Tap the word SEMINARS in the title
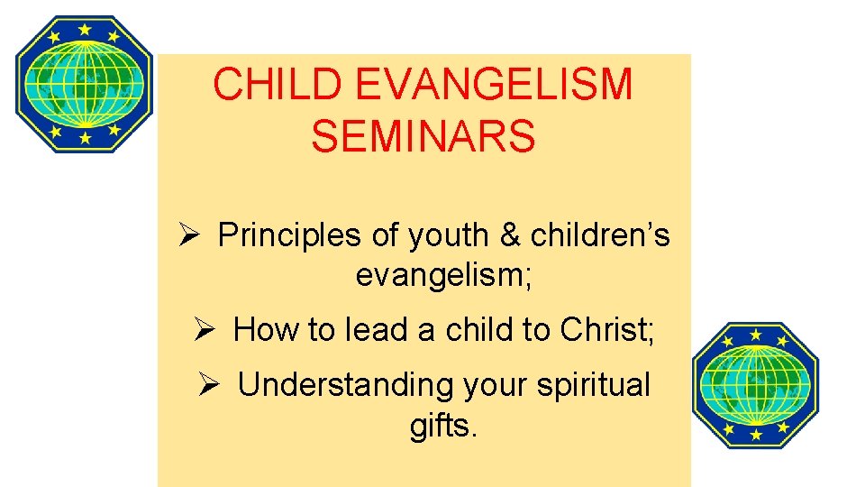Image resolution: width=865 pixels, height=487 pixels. coord(423,137)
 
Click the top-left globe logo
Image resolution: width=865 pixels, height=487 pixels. coord(85,84)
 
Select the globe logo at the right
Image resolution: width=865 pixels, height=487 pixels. coord(755,385)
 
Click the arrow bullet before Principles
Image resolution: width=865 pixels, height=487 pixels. coord(189,235)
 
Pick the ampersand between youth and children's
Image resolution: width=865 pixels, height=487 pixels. coord(510,236)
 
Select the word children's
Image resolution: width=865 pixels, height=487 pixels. coord(600,236)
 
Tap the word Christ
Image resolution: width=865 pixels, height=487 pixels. coord(607,330)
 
